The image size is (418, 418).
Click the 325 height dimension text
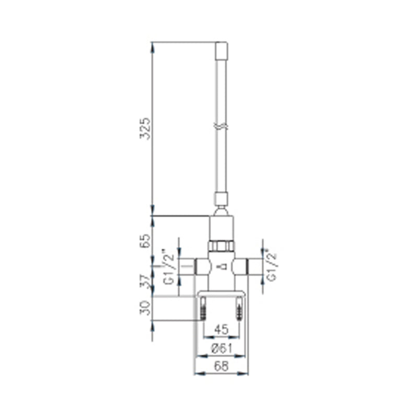pyautogui.click(x=146, y=128)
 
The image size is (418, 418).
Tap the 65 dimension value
pyautogui.click(x=146, y=240)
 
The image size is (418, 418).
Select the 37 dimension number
pyautogui.click(x=146, y=282)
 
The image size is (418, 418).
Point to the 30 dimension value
pyautogui.click(x=146, y=309)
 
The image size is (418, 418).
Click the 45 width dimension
pyautogui.click(x=222, y=330)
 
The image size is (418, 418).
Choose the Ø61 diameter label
pyautogui.click(x=222, y=349)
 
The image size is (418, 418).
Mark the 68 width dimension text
pyautogui.click(x=222, y=367)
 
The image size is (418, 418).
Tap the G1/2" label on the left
pyautogui.click(x=169, y=266)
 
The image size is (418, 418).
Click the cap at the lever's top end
pyautogui.click(x=222, y=51)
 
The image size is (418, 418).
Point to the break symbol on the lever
pyautogui.click(x=222, y=126)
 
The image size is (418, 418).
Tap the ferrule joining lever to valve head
pyautogui.click(x=222, y=199)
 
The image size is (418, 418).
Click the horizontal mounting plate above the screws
pyautogui.click(x=222, y=293)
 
